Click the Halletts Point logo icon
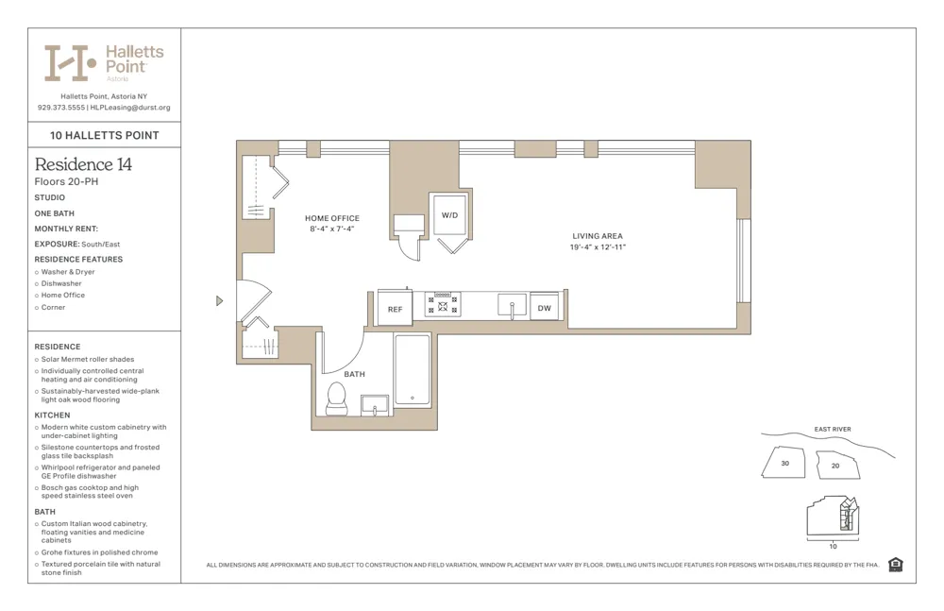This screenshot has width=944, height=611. click(x=70, y=62)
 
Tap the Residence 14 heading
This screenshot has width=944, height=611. click(x=83, y=164)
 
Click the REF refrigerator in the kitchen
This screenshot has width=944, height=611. click(x=395, y=309)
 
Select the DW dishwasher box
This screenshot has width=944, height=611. click(x=545, y=308)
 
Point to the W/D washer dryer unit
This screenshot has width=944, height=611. click(x=450, y=216)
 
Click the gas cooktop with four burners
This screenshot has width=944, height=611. click(x=443, y=305)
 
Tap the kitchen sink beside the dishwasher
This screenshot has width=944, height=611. click(x=512, y=306)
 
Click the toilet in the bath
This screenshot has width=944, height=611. click(x=337, y=399)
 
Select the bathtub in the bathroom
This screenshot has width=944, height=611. click(x=413, y=370)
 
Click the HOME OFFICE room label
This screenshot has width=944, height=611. click(x=331, y=218)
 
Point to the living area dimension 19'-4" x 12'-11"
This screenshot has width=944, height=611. click(x=598, y=247)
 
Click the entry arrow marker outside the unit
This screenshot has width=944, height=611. click(x=220, y=301)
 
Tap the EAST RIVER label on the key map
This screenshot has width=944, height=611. click(x=832, y=430)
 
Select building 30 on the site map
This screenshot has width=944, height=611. click(x=785, y=464)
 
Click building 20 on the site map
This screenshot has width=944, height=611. click(x=836, y=466)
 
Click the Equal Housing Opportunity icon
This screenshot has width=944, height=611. click(x=895, y=565)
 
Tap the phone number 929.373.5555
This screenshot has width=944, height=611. click(x=61, y=108)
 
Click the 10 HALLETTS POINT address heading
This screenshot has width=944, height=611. click(x=104, y=135)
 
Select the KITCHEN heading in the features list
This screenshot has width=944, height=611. click(x=52, y=416)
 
